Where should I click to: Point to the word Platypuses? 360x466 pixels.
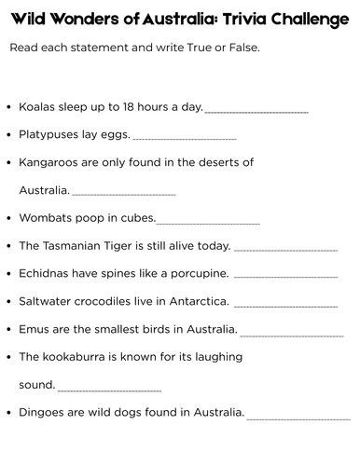(x=51, y=135)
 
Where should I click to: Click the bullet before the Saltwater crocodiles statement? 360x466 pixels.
(x=9, y=302)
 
